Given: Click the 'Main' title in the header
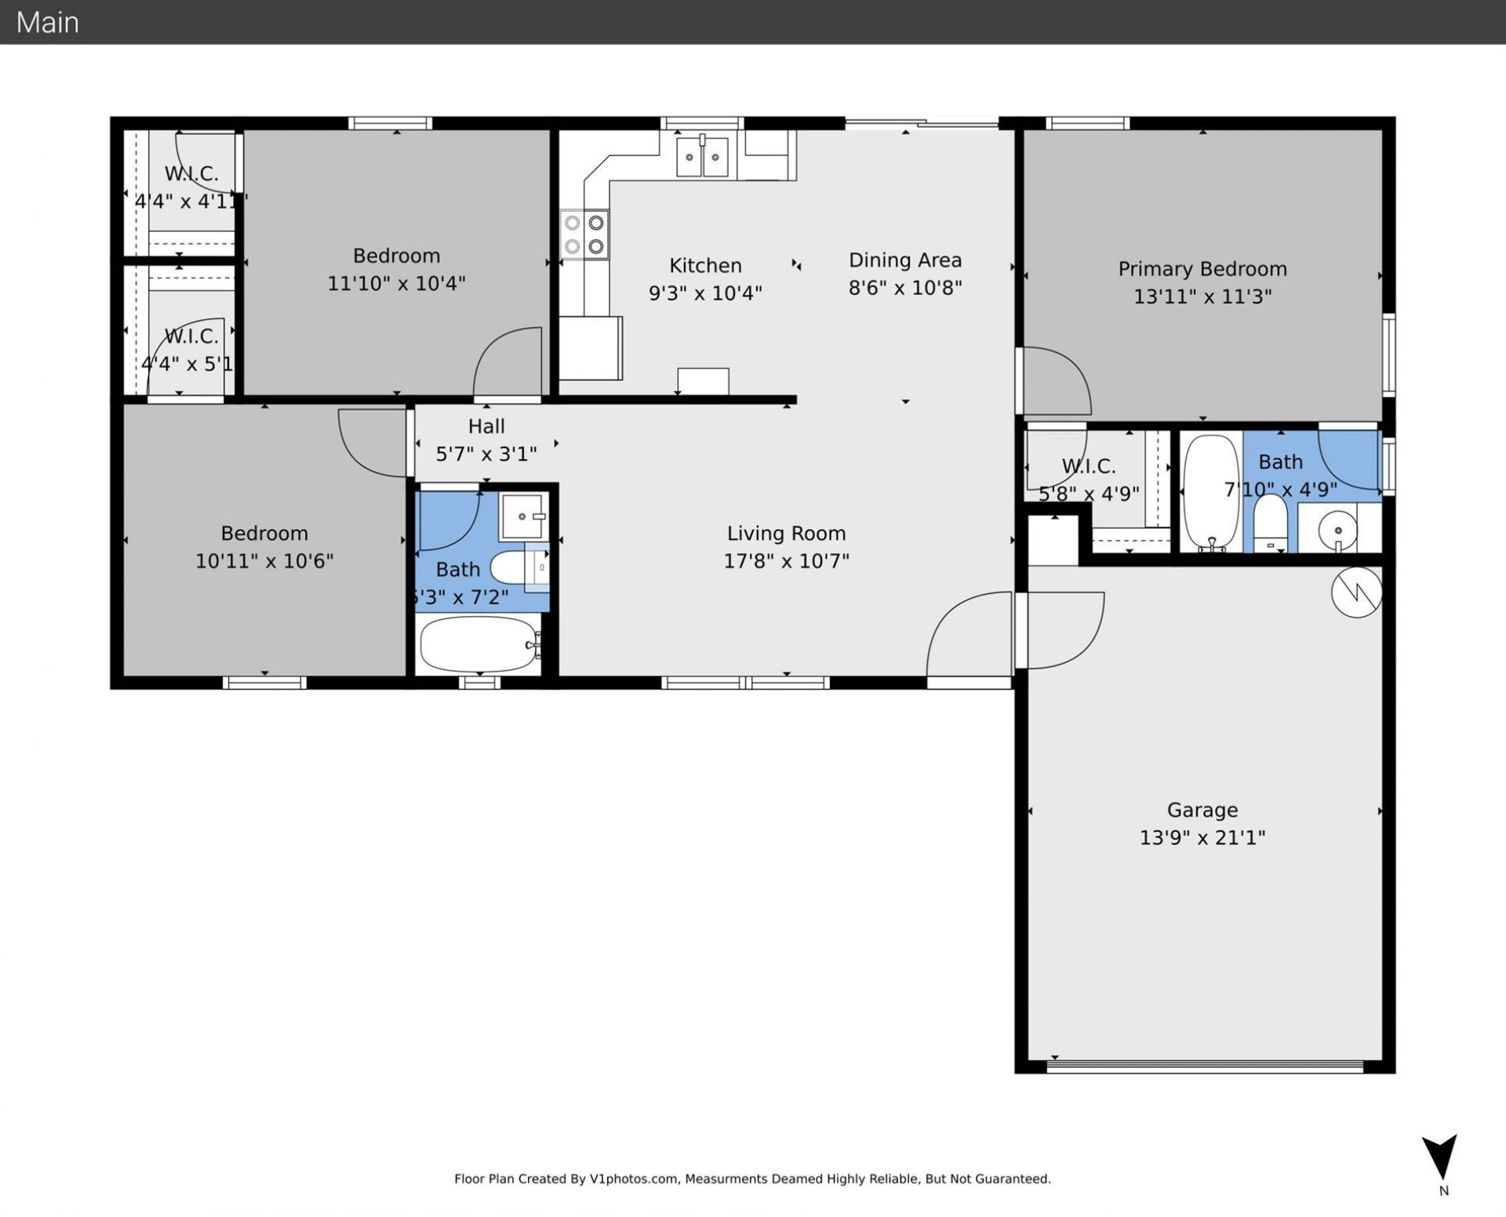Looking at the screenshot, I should [47, 22].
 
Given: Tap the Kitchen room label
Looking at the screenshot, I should [704, 265].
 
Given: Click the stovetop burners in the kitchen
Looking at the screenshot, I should [584, 235].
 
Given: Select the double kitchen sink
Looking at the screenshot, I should [702, 157].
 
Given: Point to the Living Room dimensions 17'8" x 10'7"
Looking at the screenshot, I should [786, 561].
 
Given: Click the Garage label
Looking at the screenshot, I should [1202, 810].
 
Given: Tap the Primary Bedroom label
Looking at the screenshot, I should [1202, 269].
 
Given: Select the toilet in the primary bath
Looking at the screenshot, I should [1270, 523].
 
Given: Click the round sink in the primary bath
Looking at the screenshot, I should [1337, 530].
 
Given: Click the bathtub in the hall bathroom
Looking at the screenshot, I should [479, 644].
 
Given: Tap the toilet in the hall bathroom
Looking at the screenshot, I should [514, 567].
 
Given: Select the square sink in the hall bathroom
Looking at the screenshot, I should [523, 516].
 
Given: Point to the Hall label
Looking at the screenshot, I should [486, 426].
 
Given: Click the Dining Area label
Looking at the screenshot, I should [904, 261].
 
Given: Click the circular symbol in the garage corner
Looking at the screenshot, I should [1356, 592].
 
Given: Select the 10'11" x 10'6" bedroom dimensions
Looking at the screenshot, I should [264, 561].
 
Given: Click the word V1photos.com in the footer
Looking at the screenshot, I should [633, 1179].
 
